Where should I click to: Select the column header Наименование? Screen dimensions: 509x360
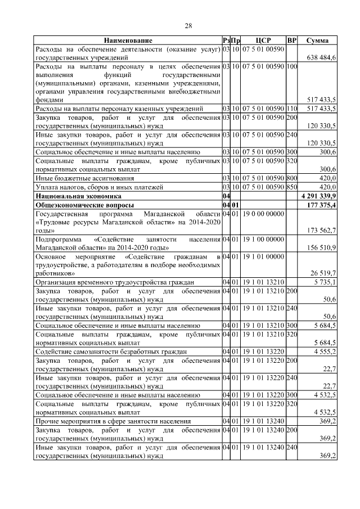pyautogui.click(x=128, y=40)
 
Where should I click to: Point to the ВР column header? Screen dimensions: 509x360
pyautogui.click(x=291, y=40)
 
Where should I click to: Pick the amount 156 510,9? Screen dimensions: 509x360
pyautogui.click(x=321, y=247)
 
